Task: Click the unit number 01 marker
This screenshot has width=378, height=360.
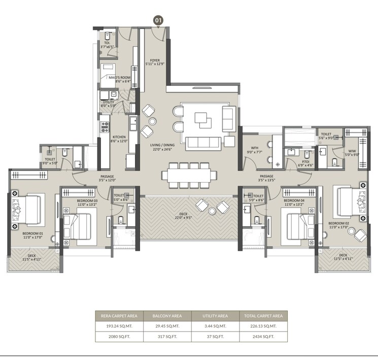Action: [158, 20]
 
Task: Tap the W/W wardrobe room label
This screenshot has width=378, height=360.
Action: [351, 152]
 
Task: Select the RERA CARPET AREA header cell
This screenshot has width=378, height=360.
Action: [119, 315]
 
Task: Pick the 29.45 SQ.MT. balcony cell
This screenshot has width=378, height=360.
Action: [167, 327]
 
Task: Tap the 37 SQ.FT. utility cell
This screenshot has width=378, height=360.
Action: [215, 337]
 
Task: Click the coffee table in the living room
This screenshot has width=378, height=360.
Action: [205, 119]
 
